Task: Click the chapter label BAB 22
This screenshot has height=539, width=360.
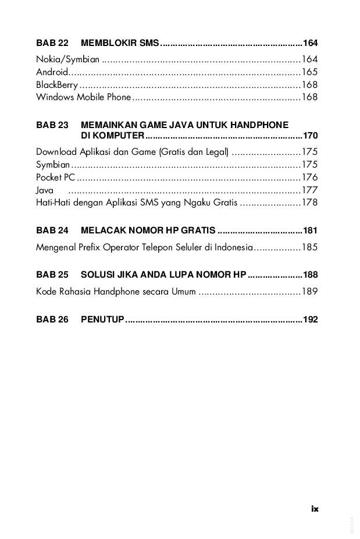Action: point(52,43)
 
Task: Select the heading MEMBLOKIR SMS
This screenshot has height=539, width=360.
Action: point(120,43)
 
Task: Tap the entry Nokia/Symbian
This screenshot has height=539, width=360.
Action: point(68,59)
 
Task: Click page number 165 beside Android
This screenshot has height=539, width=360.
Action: point(309,72)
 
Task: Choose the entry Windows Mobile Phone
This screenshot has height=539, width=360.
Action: point(84,97)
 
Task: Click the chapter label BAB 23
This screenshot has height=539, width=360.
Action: point(52,125)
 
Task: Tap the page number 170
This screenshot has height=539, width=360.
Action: point(310,136)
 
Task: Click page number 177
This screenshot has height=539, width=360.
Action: point(309,190)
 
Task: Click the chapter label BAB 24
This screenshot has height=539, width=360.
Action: point(52,230)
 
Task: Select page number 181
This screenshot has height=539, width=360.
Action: point(310,230)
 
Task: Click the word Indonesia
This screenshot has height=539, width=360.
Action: point(232,247)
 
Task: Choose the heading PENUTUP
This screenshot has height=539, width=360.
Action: point(103,320)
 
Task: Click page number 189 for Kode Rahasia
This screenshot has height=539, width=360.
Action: point(309,292)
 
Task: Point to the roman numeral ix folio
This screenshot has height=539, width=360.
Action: point(315,508)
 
